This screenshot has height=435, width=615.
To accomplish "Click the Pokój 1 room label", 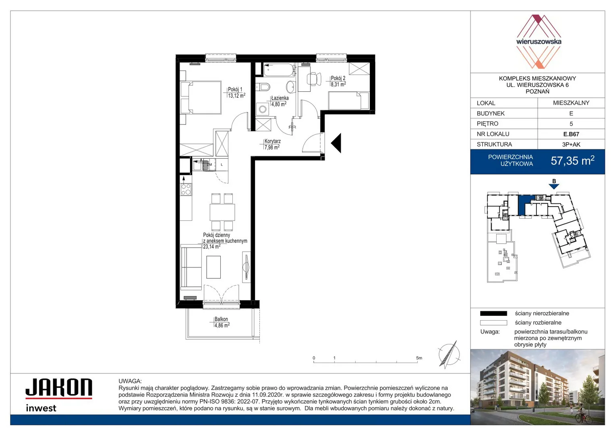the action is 235,89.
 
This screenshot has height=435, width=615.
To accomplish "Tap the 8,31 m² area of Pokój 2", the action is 338,85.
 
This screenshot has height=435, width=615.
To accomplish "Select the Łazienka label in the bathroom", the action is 280,98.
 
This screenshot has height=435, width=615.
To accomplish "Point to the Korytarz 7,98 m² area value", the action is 272,147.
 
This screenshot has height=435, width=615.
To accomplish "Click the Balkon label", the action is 221,319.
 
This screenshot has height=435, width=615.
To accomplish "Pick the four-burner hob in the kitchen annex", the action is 186,189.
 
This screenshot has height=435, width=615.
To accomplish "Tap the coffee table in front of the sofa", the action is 213,267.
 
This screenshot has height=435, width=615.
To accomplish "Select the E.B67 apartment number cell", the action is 571,134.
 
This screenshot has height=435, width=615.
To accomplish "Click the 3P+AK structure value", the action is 571,145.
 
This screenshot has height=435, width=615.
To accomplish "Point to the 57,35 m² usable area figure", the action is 572,161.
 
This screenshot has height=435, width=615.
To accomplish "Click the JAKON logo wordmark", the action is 59,387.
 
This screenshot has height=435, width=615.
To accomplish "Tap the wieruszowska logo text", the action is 538,41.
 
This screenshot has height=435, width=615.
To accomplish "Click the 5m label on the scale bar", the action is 419,358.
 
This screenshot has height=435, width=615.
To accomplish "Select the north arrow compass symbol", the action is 449,354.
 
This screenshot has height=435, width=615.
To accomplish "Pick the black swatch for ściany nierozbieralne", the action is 493,313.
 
